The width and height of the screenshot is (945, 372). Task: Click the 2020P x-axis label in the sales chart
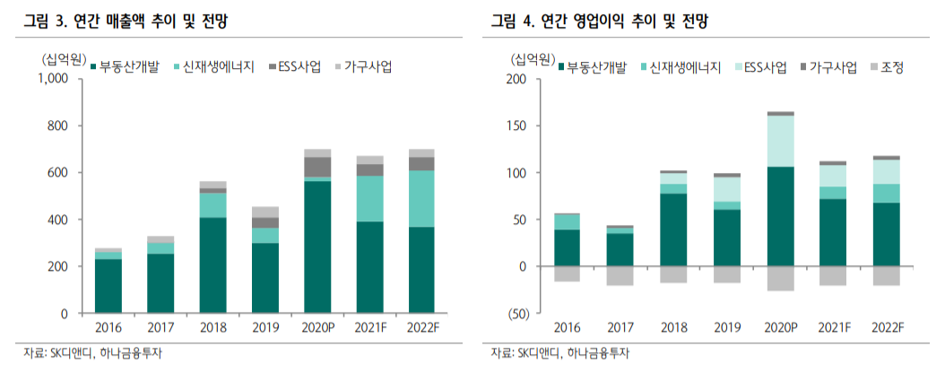[317, 328]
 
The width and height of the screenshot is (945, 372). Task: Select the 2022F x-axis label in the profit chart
[885, 328]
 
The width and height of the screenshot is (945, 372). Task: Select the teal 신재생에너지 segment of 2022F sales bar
[421, 198]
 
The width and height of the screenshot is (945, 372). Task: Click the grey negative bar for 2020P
[781, 279]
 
